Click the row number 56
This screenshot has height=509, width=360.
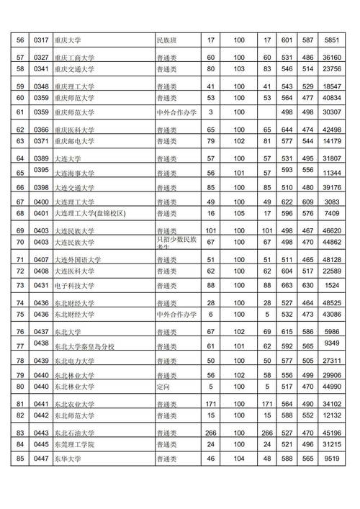(20, 41)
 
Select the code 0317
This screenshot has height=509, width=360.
(40, 41)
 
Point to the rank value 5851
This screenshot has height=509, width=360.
(332, 41)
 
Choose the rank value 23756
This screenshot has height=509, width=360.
(332, 69)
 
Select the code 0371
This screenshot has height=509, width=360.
(40, 141)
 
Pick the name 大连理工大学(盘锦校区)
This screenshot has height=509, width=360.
(90, 214)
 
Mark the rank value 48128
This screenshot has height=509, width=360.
(332, 259)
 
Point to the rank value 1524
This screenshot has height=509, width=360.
(332, 286)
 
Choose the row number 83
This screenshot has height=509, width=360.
(20, 432)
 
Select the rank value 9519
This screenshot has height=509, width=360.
(332, 458)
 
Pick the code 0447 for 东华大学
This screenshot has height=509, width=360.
(40, 458)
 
